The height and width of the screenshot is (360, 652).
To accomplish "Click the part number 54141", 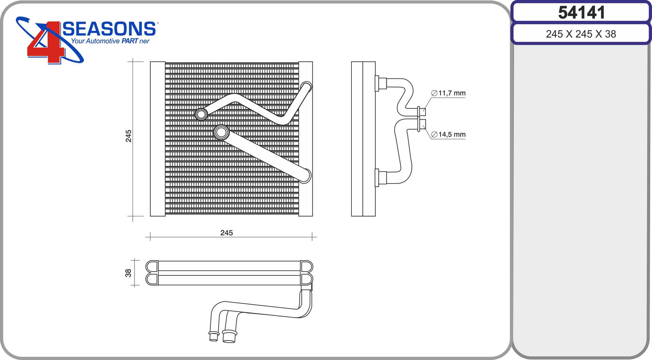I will pyautogui.click(x=581, y=13).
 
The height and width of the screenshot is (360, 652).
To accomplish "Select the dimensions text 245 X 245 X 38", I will pyautogui.click(x=581, y=34).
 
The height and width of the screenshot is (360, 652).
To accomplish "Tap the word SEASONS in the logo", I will pyautogui.click(x=109, y=29).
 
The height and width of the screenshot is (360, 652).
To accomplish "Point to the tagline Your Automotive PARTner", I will pyautogui.click(x=110, y=41).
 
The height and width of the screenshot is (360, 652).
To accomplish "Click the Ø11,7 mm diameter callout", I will pyautogui.click(x=448, y=93).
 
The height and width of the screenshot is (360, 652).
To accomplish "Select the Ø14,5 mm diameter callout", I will pyautogui.click(x=448, y=134).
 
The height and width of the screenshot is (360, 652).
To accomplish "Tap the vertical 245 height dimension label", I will pyautogui.click(x=128, y=136).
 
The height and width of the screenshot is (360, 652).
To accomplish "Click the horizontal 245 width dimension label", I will pyautogui.click(x=227, y=233).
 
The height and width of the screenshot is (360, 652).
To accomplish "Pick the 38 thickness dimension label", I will pyautogui.click(x=128, y=273).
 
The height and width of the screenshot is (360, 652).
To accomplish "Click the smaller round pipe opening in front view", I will pyautogui.click(x=201, y=114).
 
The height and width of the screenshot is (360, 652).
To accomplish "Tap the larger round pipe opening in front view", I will pyautogui.click(x=221, y=132).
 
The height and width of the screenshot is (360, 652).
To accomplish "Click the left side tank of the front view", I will pyautogui.click(x=158, y=139).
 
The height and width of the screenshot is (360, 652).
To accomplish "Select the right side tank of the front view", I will pyautogui.click(x=305, y=139).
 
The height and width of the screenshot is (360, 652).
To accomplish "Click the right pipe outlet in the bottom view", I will pyautogui.click(x=229, y=337).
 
